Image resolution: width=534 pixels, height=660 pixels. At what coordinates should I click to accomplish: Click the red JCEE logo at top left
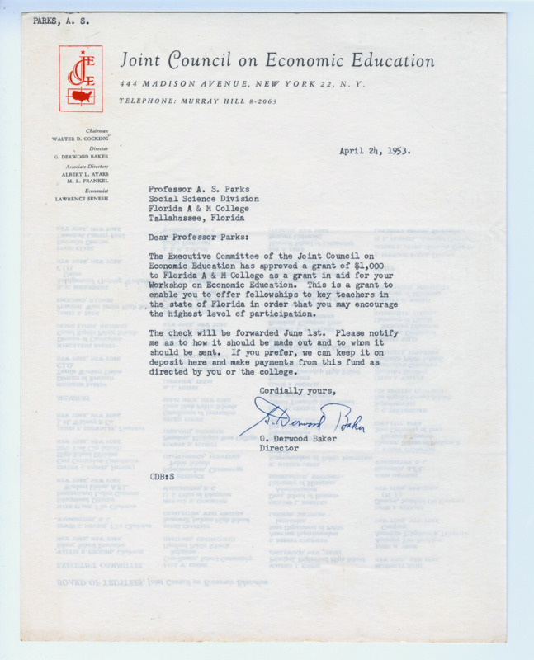coord(79,78)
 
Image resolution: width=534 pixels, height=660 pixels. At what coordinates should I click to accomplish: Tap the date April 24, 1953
coord(375,151)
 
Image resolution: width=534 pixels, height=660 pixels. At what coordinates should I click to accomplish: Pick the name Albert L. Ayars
coord(85,176)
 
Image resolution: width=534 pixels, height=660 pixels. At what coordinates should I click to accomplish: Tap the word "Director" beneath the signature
coord(280,449)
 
